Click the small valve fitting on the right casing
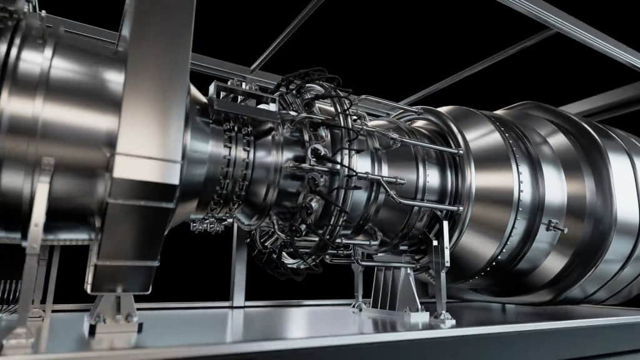point(554,227)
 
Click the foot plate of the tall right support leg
point(442,319)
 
